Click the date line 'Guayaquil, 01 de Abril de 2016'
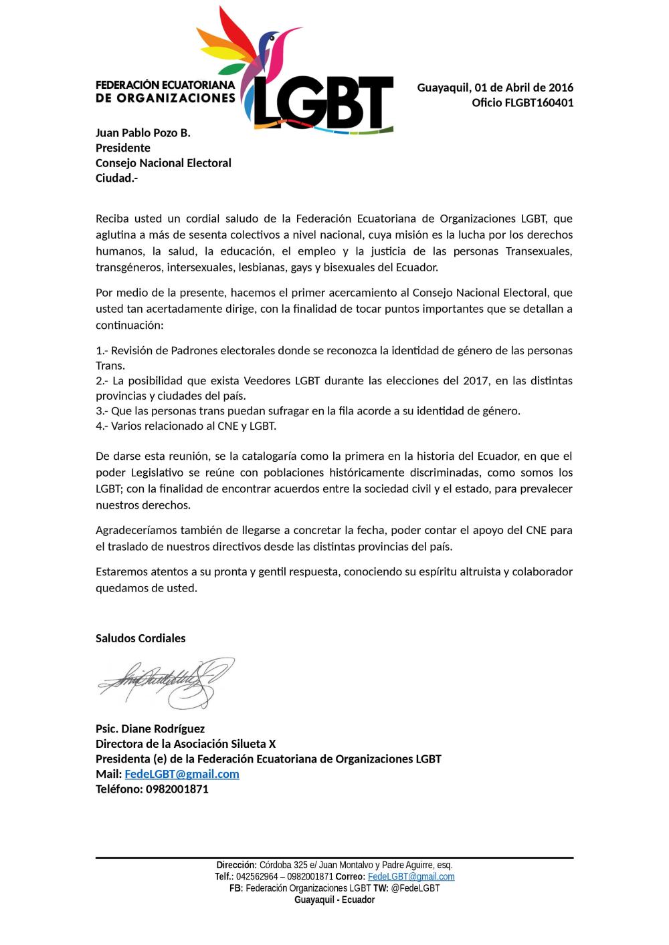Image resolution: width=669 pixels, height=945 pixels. [x=495, y=88]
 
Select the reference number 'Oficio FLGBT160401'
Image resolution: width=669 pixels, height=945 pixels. [x=522, y=103]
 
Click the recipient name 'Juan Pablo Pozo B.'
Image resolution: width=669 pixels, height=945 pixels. [x=143, y=133]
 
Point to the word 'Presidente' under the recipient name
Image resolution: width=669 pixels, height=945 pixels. [x=123, y=148]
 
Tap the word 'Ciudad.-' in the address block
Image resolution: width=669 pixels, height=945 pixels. [x=116, y=178]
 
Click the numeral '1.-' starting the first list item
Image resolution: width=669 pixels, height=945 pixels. [x=102, y=351]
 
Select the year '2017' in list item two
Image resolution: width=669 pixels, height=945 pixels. [x=476, y=381]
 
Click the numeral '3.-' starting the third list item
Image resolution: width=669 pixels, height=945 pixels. [x=102, y=411]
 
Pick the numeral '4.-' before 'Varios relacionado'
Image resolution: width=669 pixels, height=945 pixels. [x=102, y=426]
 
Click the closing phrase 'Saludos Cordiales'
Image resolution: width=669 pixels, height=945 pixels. [x=140, y=638]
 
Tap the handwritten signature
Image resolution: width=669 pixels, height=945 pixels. [x=166, y=682]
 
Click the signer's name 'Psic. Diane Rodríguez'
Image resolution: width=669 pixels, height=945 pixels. [x=150, y=728]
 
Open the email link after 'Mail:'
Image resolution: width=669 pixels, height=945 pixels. [x=182, y=774]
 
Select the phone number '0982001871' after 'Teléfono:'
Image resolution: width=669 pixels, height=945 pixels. [x=177, y=789]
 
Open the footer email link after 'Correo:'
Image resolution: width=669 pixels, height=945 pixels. [x=411, y=877]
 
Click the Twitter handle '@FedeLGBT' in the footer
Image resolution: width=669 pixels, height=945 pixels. [x=415, y=888]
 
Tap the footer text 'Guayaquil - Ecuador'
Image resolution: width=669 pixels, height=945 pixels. [x=334, y=900]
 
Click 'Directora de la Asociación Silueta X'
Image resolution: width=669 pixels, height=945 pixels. [x=185, y=744]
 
